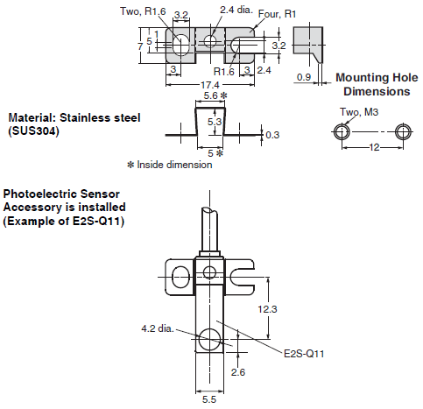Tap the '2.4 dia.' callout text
[x=238, y=11]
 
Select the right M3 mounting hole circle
[x=402, y=130]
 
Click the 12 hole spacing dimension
[x=372, y=148]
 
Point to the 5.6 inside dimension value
[x=209, y=95]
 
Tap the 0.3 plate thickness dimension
[x=273, y=134]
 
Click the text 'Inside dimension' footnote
[x=174, y=164]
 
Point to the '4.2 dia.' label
[x=158, y=329]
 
